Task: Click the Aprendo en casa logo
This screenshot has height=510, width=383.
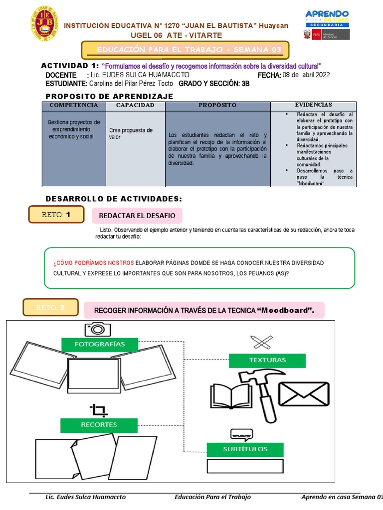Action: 327,18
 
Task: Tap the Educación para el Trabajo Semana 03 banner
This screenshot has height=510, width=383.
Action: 185,49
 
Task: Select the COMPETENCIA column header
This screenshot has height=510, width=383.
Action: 74,106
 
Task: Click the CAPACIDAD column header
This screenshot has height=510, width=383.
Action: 135,106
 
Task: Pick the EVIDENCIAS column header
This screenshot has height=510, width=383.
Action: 313,105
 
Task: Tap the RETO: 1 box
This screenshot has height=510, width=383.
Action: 56,215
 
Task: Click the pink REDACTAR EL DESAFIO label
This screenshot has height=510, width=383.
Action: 137,216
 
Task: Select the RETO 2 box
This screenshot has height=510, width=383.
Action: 50,308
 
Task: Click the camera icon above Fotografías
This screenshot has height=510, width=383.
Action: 97,329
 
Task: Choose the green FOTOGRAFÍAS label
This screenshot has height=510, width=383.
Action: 99,344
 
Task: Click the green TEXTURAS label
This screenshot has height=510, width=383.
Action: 267,360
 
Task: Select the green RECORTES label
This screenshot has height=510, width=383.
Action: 99,425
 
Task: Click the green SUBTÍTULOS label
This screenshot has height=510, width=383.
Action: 245,449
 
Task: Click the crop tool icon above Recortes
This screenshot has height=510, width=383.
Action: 98,410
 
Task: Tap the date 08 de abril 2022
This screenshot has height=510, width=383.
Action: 306,75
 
